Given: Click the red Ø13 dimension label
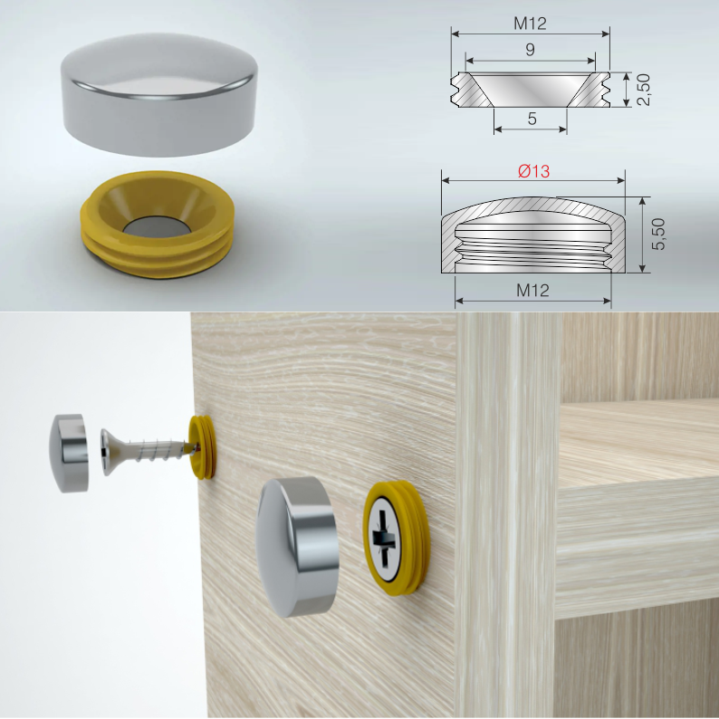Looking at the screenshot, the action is [x=533, y=171].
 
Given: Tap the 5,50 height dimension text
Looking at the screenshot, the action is [x=658, y=234].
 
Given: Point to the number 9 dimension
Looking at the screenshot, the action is [x=530, y=49].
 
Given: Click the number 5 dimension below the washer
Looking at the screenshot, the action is [x=532, y=119].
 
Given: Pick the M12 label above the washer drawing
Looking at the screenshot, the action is [x=530, y=24].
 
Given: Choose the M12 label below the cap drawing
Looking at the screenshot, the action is [x=532, y=291].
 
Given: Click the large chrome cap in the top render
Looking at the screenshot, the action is [x=159, y=94].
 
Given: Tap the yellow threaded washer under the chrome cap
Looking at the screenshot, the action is [x=158, y=225].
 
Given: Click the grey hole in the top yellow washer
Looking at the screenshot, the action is [x=157, y=227].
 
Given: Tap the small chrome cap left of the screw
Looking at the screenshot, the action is [x=69, y=453].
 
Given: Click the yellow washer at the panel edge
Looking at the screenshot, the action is [x=202, y=447].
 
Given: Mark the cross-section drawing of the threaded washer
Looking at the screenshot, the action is [x=531, y=90].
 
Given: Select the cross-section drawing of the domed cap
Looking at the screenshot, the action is [x=533, y=235].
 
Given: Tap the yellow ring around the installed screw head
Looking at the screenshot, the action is [x=397, y=537].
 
